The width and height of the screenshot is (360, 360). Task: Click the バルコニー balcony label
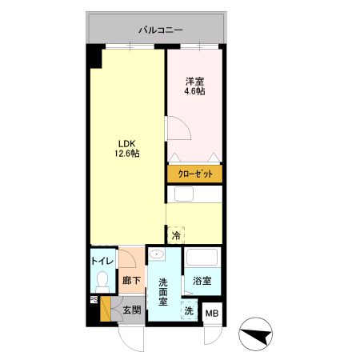tap(160, 30)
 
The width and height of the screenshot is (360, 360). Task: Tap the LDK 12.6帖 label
tap(127, 149)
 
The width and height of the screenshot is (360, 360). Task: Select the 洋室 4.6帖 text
tap(194, 86)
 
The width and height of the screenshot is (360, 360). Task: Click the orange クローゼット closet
tap(195, 174)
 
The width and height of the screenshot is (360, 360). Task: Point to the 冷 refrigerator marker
tap(176, 235)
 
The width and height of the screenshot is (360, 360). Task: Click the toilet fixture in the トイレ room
tap(102, 282)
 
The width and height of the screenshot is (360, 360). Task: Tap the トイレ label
tap(102, 261)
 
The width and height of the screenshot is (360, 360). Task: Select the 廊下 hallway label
tap(131, 280)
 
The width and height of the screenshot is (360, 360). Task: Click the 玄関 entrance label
tap(132, 310)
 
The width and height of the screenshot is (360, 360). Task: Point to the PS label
tap(94, 300)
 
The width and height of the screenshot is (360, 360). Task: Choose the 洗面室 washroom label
tap(163, 292)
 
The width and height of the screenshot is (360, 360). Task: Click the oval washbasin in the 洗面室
tap(156, 254)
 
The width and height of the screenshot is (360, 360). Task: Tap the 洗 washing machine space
tap(189, 310)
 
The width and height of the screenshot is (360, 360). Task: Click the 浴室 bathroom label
tap(202, 281)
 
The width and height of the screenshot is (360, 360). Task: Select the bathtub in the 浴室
tap(202, 258)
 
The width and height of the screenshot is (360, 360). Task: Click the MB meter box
tap(212, 314)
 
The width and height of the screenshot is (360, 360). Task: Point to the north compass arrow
tap(256, 334)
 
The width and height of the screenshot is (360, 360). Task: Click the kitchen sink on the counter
tap(184, 194)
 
